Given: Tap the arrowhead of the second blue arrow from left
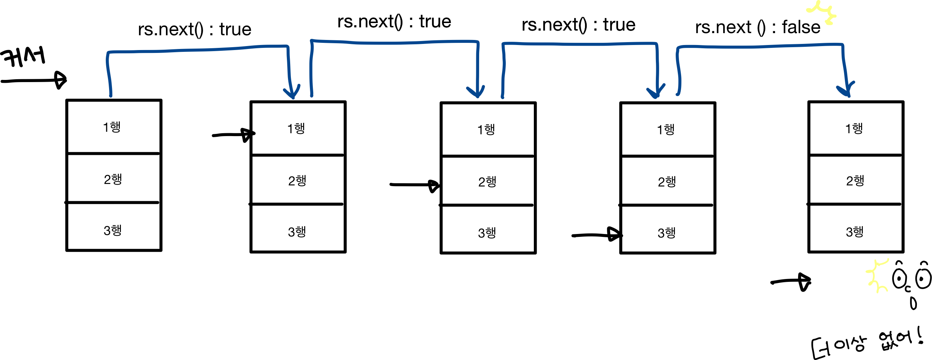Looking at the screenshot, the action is (x=477, y=96).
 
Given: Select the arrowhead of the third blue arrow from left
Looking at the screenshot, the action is (x=655, y=97).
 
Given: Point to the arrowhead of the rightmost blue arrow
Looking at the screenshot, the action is (x=848, y=96).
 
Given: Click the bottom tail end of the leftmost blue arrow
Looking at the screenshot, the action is (x=111, y=95).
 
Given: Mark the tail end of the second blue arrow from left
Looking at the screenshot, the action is (x=311, y=95).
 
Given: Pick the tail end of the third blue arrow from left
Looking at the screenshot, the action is (x=503, y=97).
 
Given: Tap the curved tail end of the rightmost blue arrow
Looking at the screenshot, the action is (x=677, y=94).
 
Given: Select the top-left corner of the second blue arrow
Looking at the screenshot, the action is (x=311, y=41).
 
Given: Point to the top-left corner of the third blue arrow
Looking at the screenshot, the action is (x=503, y=44).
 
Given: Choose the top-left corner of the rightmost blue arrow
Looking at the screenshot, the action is (x=678, y=48).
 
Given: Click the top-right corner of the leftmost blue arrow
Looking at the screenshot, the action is (x=287, y=46).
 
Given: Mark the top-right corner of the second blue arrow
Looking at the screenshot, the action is (x=478, y=42).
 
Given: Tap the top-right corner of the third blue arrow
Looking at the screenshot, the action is (x=656, y=44).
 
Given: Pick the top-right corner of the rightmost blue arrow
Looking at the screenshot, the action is (x=843, y=45).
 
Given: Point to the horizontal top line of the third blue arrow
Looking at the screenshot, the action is (x=579, y=44).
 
